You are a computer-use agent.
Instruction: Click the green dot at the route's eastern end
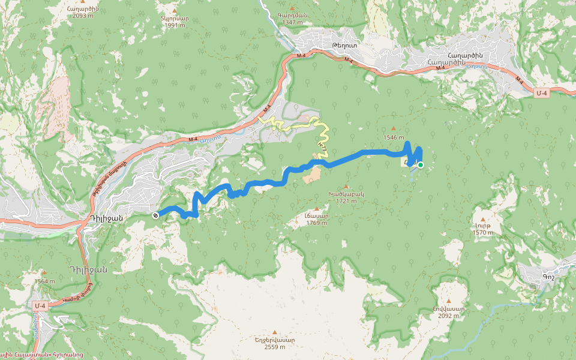[x=421, y=165]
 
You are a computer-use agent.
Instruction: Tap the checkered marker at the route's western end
[x=155, y=215]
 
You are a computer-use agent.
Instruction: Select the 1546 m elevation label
[x=394, y=137]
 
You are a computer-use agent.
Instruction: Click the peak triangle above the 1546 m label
[x=394, y=128]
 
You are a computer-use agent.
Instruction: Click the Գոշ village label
[x=548, y=277]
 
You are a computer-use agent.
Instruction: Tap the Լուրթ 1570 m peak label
[x=482, y=229]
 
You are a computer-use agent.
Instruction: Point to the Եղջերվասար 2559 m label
[x=275, y=343]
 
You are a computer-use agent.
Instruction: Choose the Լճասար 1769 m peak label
[x=316, y=219]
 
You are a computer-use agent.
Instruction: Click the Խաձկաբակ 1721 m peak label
[x=346, y=197]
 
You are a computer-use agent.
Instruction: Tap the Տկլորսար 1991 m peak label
[x=175, y=22]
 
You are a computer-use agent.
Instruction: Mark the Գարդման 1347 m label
[x=292, y=19]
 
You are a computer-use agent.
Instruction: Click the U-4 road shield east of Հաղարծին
[x=542, y=93]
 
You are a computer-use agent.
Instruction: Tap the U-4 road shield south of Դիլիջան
[x=40, y=307]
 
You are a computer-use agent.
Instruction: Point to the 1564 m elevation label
[x=45, y=281]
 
